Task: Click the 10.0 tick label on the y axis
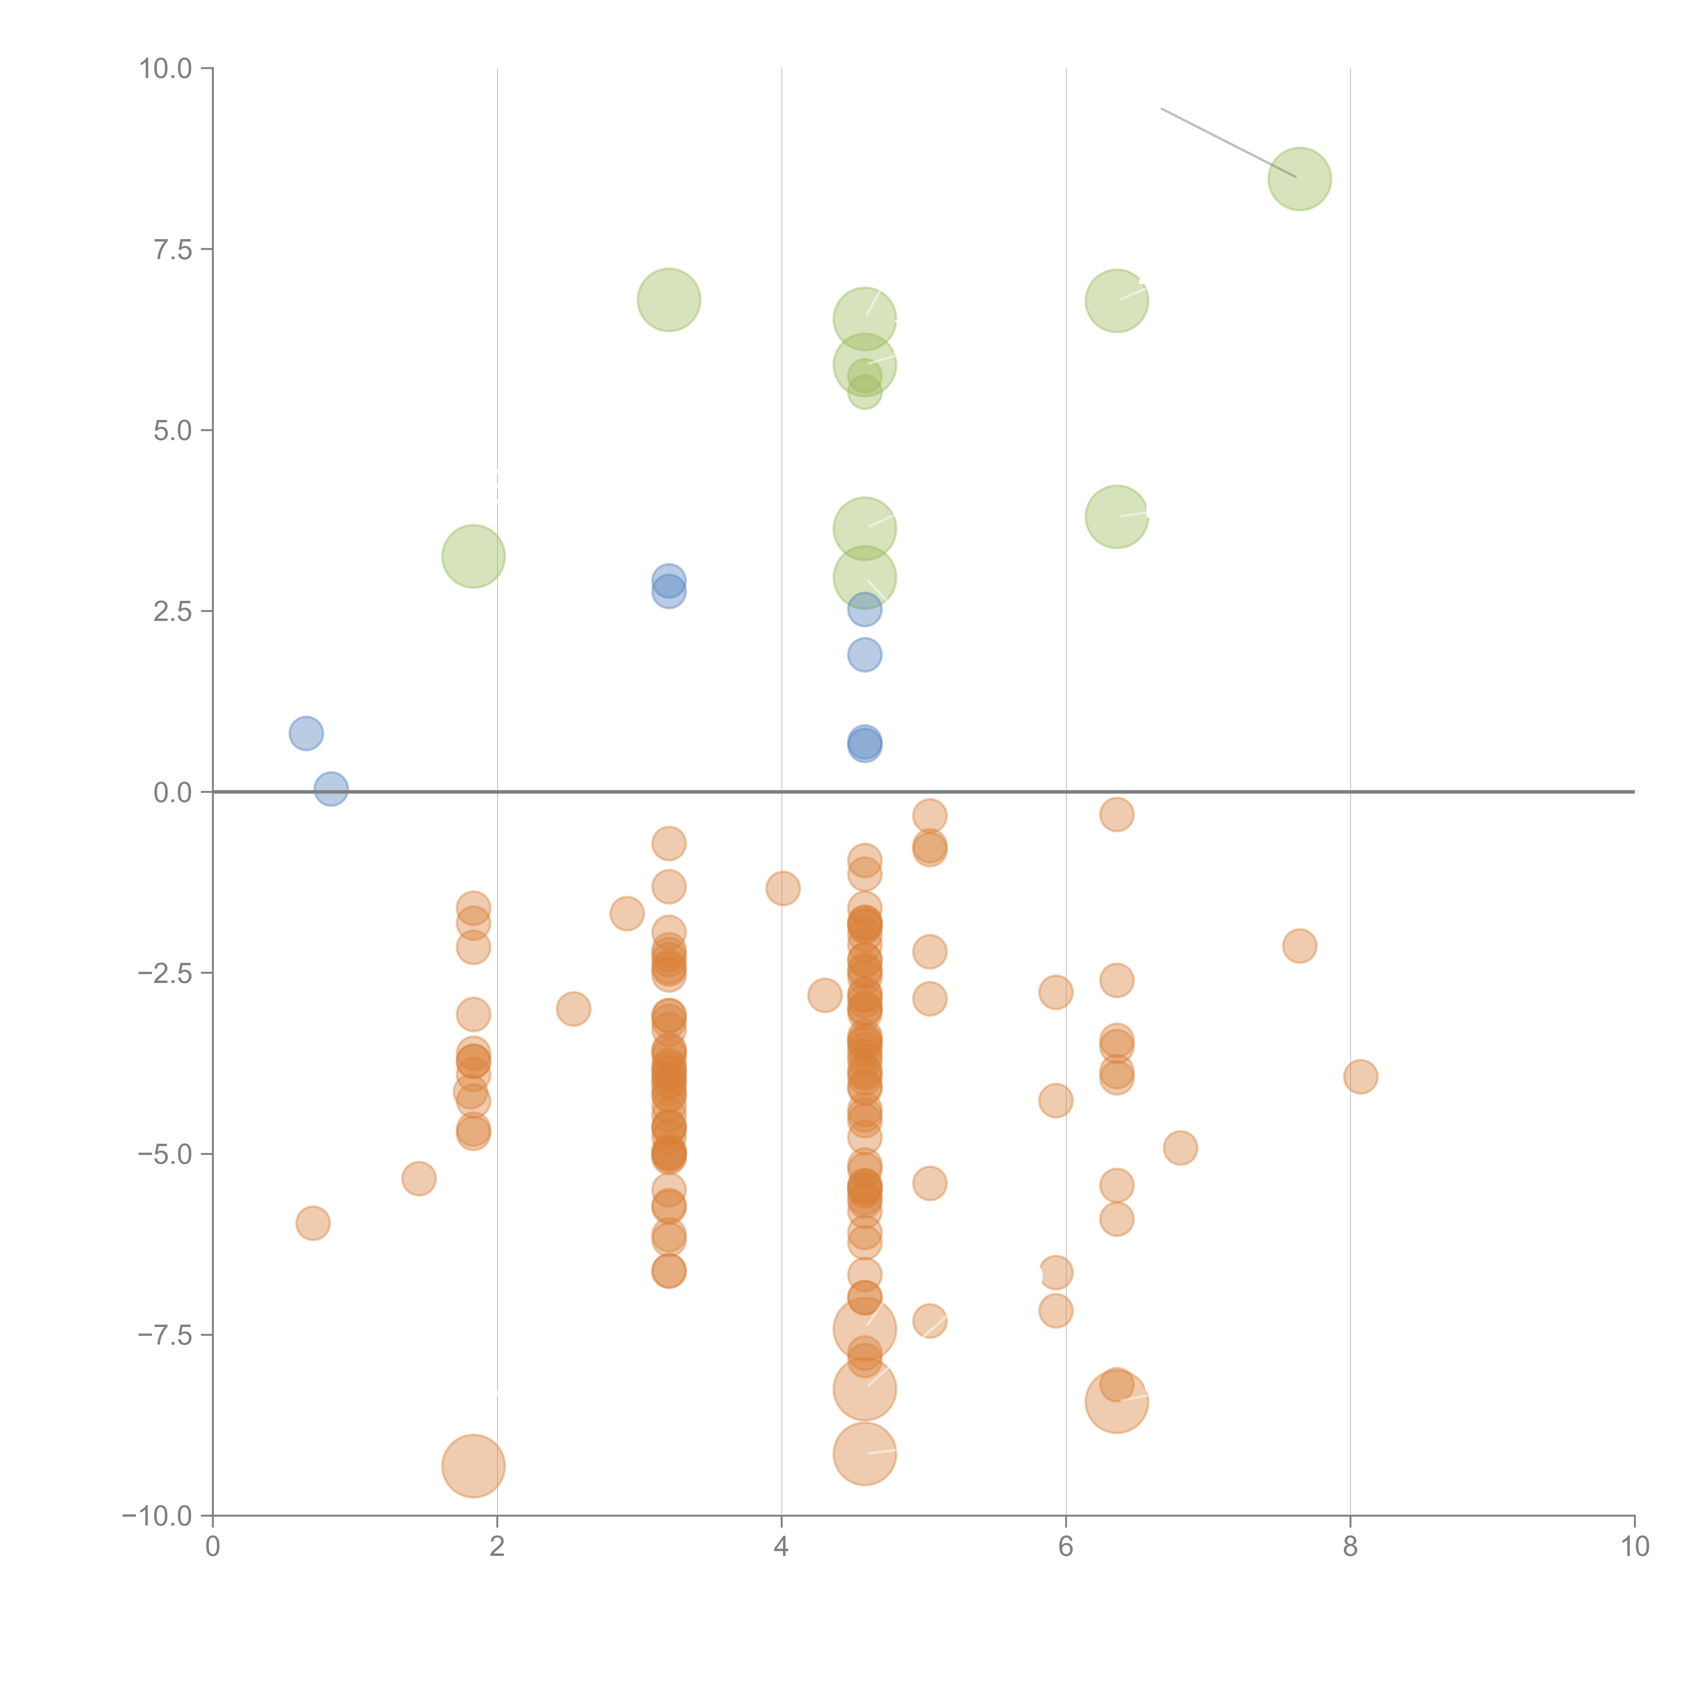point(166,69)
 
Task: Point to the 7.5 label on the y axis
point(173,249)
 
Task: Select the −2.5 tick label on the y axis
point(166,973)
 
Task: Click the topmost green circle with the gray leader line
point(1299,179)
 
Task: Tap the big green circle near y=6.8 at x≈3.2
point(669,300)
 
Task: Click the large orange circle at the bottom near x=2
point(473,1466)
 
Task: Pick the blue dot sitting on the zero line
point(330,789)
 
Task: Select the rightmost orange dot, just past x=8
point(1360,1076)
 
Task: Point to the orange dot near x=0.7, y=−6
point(313,1223)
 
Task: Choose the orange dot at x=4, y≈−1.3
point(783,888)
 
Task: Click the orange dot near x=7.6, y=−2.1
point(1299,946)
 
